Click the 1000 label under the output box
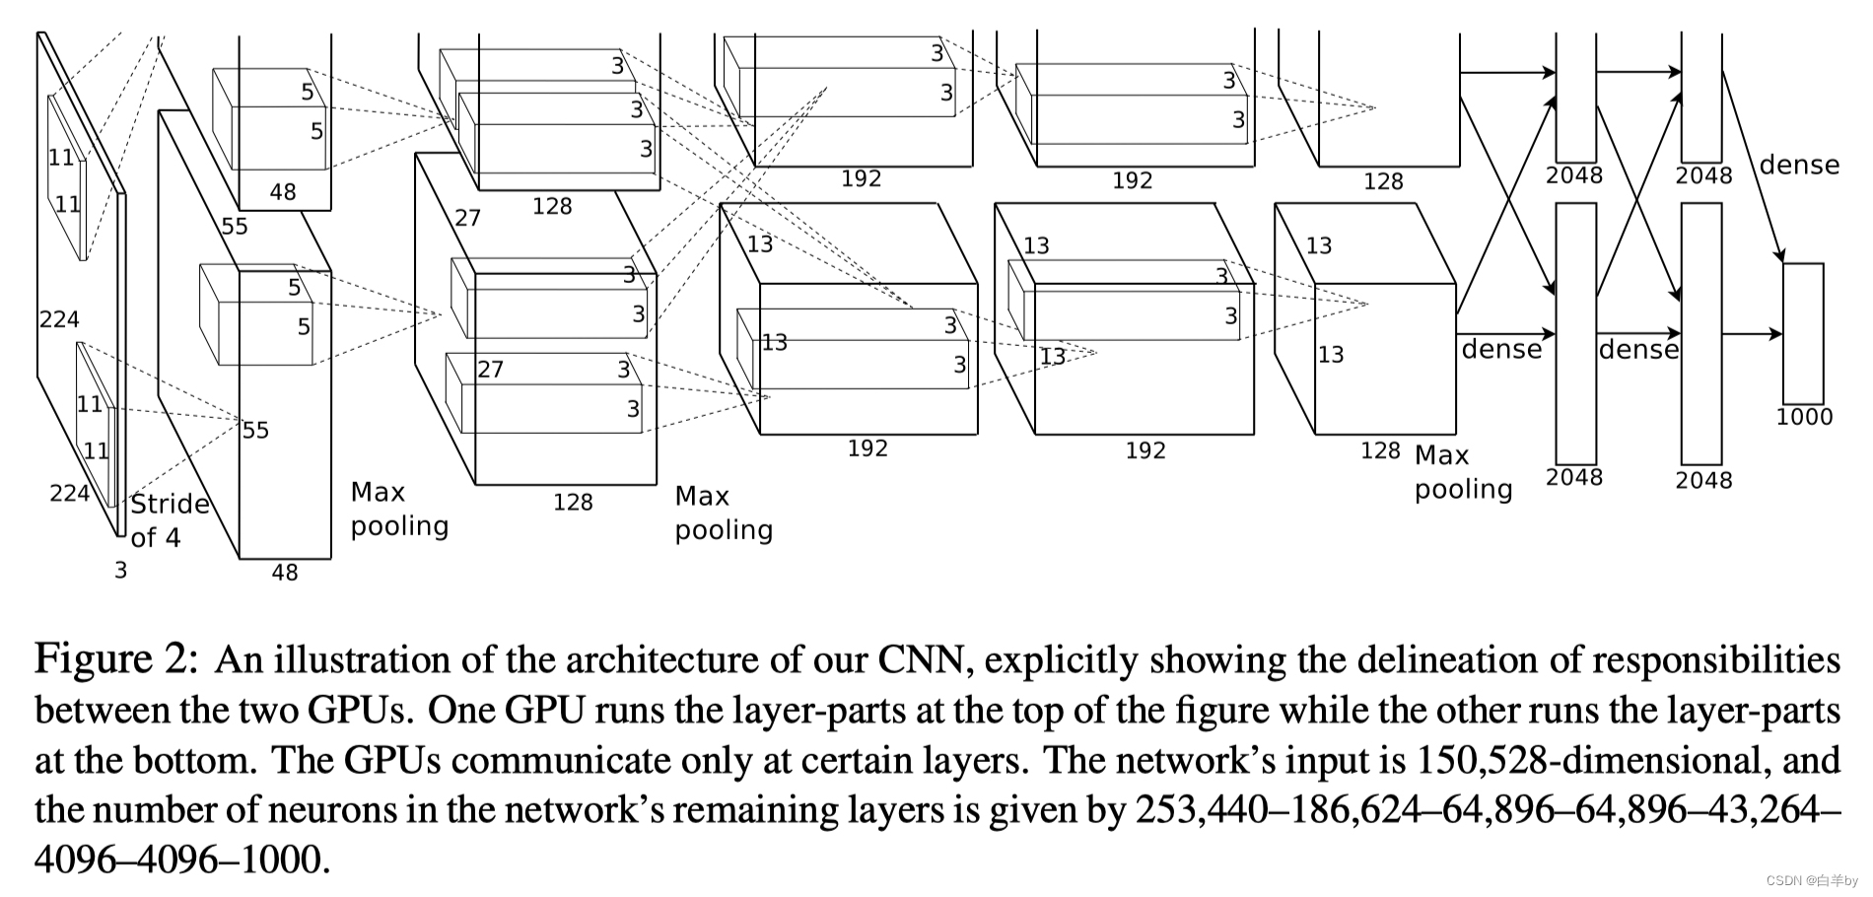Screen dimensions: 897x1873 pos(1804,417)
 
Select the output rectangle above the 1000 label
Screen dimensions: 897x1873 pos(1803,333)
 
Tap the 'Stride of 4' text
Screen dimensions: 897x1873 pos(170,520)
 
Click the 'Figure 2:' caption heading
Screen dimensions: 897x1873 pos(117,658)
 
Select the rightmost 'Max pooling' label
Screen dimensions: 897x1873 pos(1463,472)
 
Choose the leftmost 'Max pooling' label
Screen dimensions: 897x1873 pos(399,509)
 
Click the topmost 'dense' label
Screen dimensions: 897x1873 pos(1799,165)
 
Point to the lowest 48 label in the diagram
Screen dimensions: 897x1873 pos(285,573)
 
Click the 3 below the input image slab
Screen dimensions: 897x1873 pos(120,571)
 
